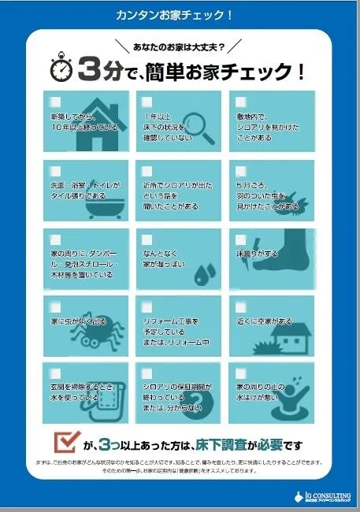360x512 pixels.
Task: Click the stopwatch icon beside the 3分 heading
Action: [61, 70]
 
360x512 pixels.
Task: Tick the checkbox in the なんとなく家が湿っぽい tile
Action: [146, 239]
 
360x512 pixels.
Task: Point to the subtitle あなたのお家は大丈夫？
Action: [179, 47]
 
